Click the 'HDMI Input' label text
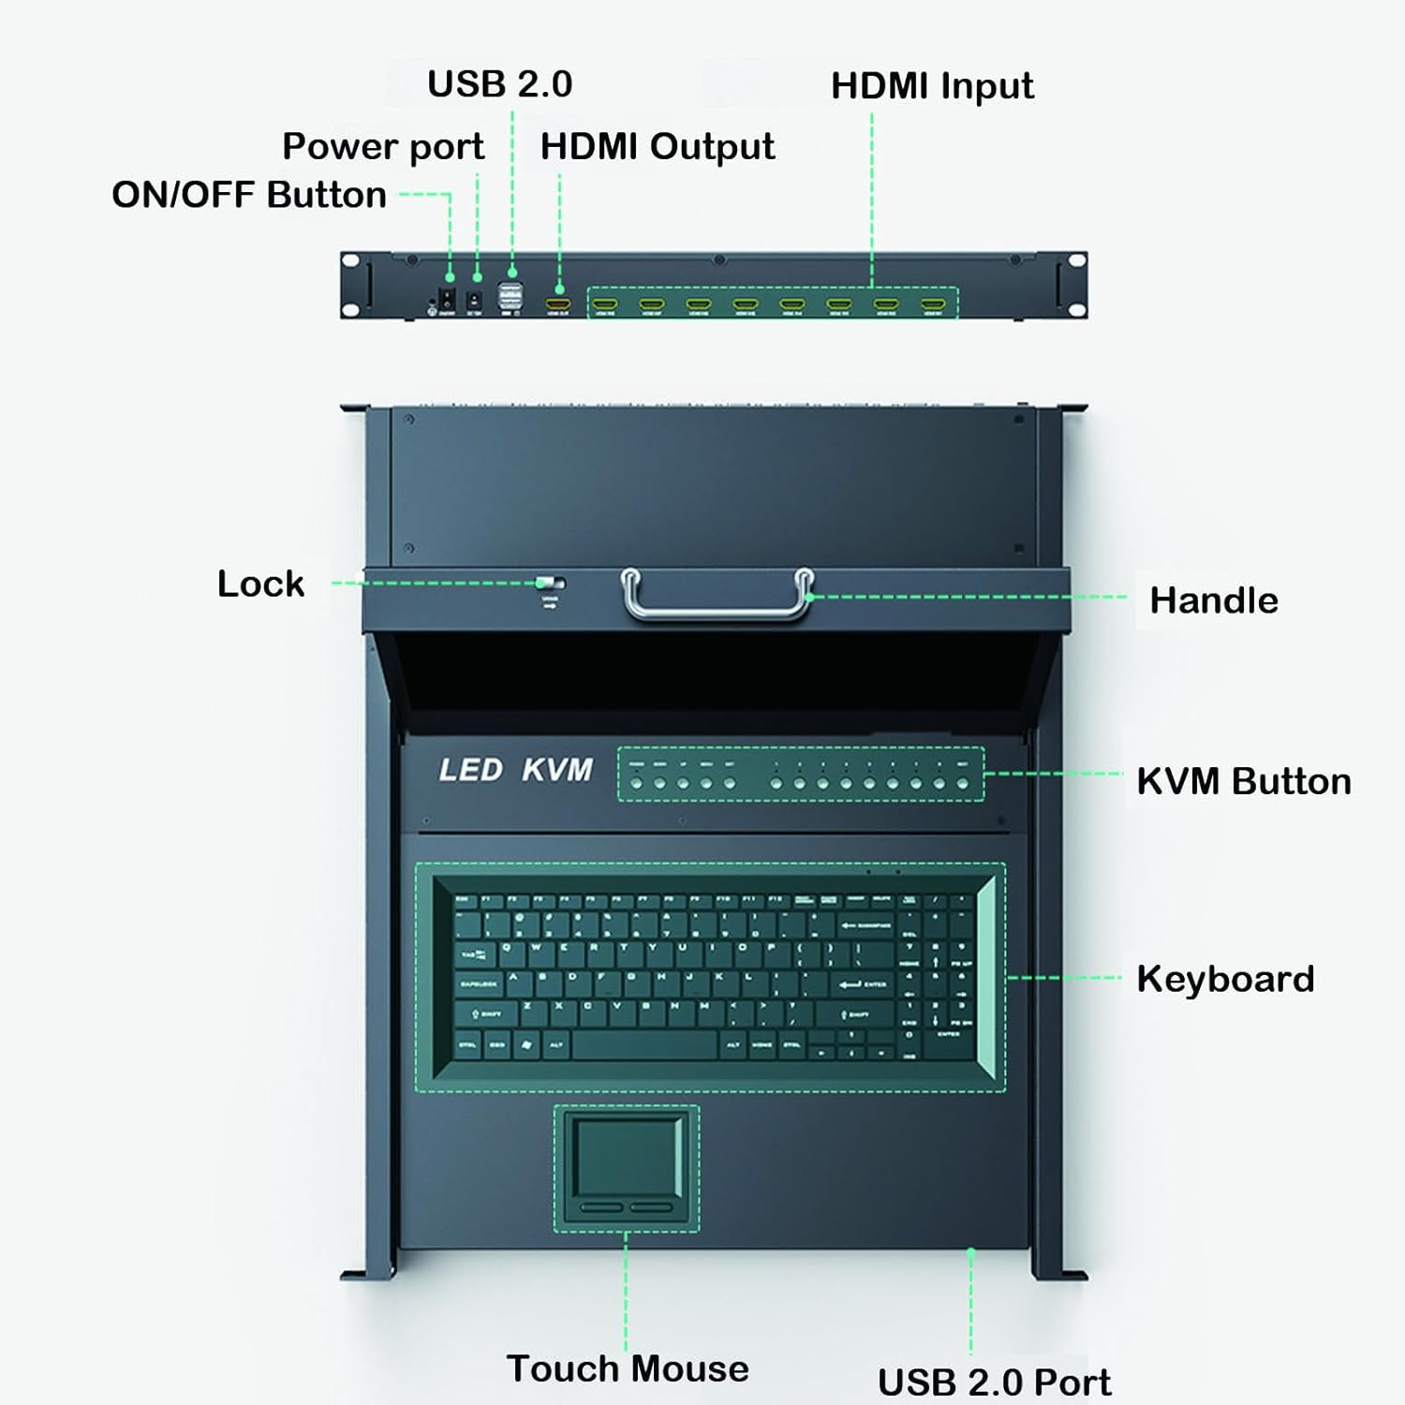click(932, 86)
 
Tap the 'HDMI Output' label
click(658, 147)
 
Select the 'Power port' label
click(383, 147)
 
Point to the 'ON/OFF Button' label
click(249, 195)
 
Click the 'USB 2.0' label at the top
click(499, 84)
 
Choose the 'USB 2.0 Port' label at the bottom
click(994, 1382)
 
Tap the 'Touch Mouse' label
click(628, 1368)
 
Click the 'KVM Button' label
click(1244, 781)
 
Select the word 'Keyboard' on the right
click(1225, 979)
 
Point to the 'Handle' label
click(1213, 600)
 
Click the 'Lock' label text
click(260, 584)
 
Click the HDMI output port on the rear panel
click(558, 303)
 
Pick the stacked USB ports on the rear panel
click(511, 294)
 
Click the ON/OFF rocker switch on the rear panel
click(448, 300)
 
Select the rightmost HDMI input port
click(933, 303)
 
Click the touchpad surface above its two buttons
click(627, 1155)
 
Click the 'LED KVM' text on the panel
click(516, 770)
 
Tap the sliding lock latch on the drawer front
click(550, 584)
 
